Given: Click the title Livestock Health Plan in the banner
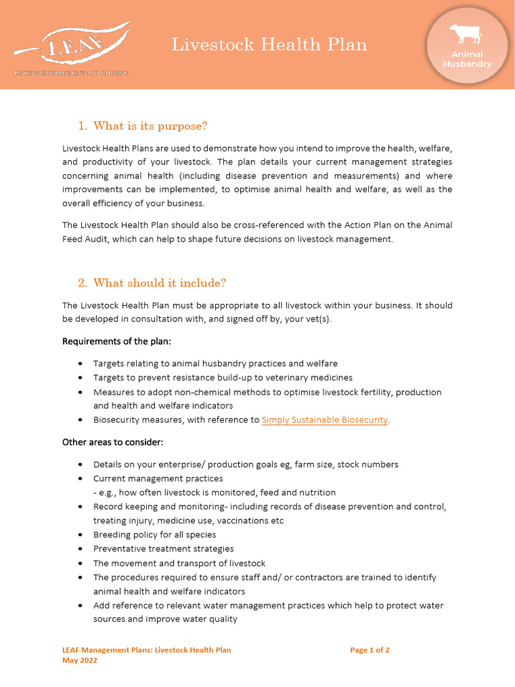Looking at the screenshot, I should tap(269, 45).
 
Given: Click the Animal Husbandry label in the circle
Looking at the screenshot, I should tap(467, 59).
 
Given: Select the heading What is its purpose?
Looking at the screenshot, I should tap(150, 126).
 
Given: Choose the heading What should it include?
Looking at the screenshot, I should tap(160, 282).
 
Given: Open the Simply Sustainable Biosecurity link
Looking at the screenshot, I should tap(325, 420).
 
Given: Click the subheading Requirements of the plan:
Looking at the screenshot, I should tap(117, 341).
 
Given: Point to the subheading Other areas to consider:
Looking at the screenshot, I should tap(113, 442).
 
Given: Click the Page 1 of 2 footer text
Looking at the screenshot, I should tap(369, 650).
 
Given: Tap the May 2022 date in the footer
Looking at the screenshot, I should tap(80, 660).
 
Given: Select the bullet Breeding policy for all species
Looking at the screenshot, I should tap(154, 535).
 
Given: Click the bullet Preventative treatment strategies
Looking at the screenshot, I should tap(163, 549).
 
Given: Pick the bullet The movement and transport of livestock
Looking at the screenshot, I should tap(179, 563).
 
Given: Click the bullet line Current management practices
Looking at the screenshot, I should tap(158, 478).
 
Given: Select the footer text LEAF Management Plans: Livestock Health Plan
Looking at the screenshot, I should tap(146, 650).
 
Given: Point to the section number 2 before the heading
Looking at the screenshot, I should tap(82, 282).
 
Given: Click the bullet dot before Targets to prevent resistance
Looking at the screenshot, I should tap(80, 378).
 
